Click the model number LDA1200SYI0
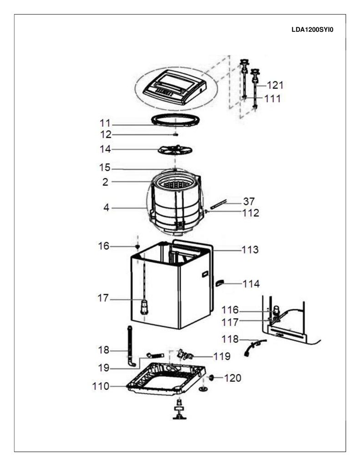click(x=312, y=30)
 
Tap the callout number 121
click(x=275, y=85)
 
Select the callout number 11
click(x=105, y=123)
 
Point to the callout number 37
click(x=249, y=202)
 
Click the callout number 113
click(x=250, y=250)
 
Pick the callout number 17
click(x=103, y=298)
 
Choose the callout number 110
click(x=101, y=386)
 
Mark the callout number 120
click(x=233, y=378)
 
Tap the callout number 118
click(x=230, y=339)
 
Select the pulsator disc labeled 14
click(x=175, y=150)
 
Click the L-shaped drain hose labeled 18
click(x=131, y=346)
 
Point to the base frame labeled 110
click(x=167, y=379)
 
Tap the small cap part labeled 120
click(x=211, y=378)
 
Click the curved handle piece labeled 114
click(x=219, y=283)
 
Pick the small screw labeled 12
click(x=175, y=135)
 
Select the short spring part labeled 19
click(x=156, y=355)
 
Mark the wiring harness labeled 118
click(x=254, y=347)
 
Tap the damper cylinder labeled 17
click(x=144, y=307)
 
